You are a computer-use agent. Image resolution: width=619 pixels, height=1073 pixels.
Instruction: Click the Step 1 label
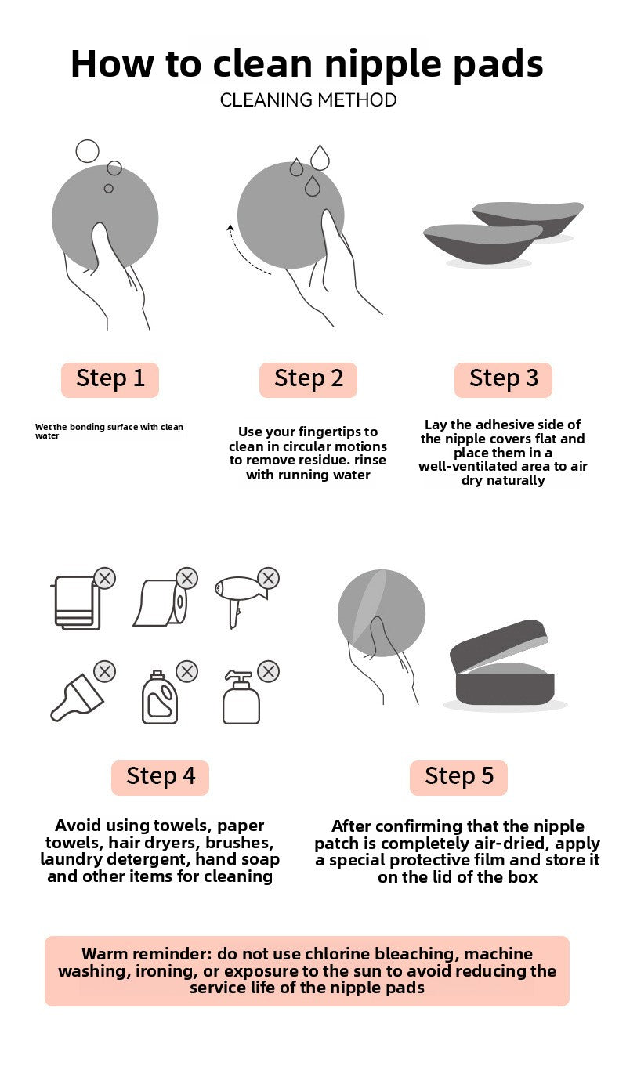pyautogui.click(x=110, y=379)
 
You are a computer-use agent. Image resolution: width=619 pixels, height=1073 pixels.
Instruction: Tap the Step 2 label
pyautogui.click(x=308, y=379)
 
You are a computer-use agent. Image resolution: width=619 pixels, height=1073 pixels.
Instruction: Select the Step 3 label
pyautogui.click(x=503, y=379)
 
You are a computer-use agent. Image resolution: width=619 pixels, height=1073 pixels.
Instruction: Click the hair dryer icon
pyautogui.click(x=240, y=600)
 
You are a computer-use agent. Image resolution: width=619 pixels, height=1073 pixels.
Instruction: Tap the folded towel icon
pyautogui.click(x=76, y=602)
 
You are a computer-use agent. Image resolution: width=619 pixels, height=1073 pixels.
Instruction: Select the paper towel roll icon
pyautogui.click(x=160, y=602)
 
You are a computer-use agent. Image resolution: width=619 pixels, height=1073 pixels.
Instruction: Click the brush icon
pyautogui.click(x=77, y=698)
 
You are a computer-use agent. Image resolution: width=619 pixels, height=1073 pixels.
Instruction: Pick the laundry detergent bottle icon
pyautogui.click(x=160, y=696)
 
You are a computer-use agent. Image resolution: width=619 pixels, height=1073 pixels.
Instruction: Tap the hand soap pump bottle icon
pyautogui.click(x=241, y=697)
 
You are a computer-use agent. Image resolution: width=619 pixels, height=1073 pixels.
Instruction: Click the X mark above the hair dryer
pyautogui.click(x=269, y=578)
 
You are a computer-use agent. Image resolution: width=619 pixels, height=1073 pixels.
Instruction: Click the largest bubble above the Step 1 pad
pyautogui.click(x=87, y=151)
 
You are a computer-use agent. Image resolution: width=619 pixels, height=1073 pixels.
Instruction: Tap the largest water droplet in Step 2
pyautogui.click(x=320, y=157)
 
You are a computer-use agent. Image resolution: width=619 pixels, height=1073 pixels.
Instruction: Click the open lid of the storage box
pyautogui.click(x=498, y=645)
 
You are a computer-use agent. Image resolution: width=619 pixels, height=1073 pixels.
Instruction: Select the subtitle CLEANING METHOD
pyautogui.click(x=308, y=100)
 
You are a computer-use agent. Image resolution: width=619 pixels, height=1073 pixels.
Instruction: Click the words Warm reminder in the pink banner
pyautogui.click(x=146, y=954)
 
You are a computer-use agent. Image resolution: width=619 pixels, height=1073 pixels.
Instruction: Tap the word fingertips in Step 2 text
pyautogui.click(x=325, y=432)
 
